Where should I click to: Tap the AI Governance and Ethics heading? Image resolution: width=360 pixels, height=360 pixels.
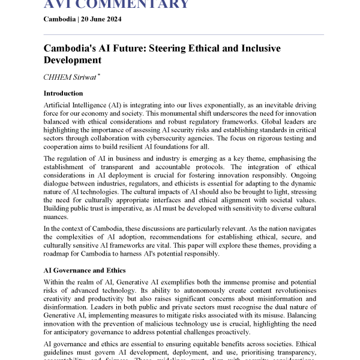(x=85, y=271)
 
